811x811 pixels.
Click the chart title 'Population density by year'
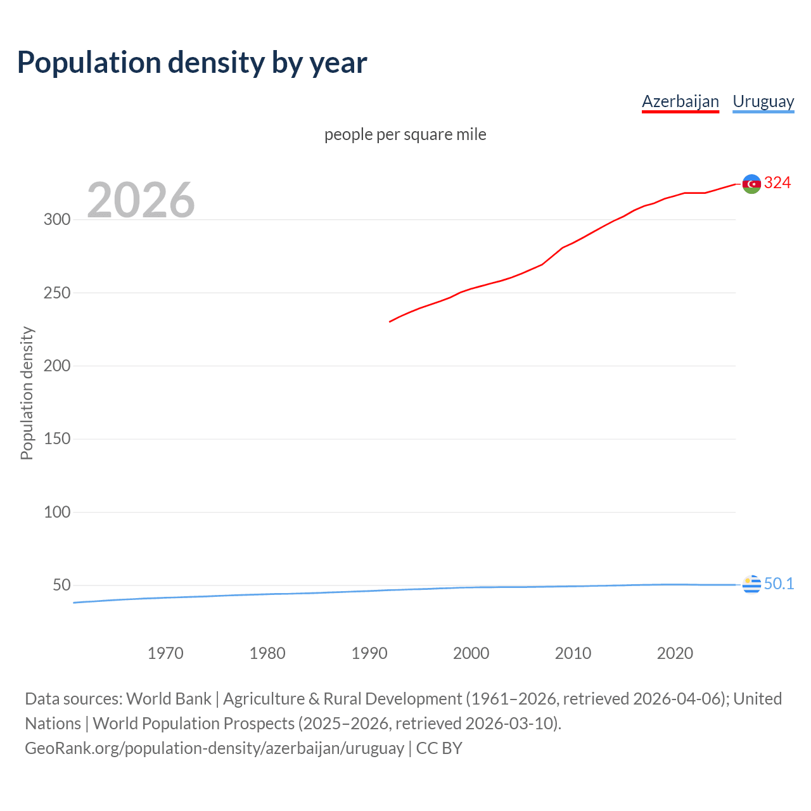pos(192,63)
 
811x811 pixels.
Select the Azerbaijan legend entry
pos(680,101)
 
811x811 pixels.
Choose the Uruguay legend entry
pos(763,101)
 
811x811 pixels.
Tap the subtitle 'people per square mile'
pos(405,134)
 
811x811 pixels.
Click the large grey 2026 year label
pos(141,200)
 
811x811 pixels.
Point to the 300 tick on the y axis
pos(56,220)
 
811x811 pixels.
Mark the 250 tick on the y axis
pos(56,293)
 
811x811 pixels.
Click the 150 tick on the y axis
pos(56,439)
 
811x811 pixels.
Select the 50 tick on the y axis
pos(61,585)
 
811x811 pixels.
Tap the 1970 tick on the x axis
pos(165,653)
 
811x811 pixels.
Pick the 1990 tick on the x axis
pos(369,653)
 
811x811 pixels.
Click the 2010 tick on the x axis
pos(573,653)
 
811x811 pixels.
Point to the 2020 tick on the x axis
pos(675,653)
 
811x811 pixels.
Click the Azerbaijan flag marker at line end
pos(751,184)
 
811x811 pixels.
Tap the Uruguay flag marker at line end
pos(751,584)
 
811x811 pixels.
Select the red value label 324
pos(777,183)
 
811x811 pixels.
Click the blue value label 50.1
pos(779,584)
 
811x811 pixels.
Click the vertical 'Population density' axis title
pos(27,393)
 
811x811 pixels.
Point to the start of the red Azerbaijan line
pos(390,321)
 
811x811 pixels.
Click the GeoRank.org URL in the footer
pos(214,748)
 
